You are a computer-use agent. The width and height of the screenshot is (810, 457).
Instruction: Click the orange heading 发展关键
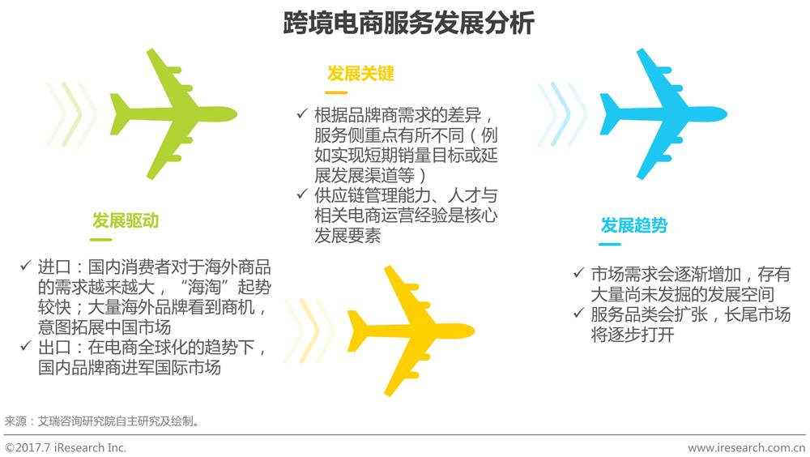click(x=360, y=74)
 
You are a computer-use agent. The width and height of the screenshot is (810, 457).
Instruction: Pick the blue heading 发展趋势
click(x=633, y=225)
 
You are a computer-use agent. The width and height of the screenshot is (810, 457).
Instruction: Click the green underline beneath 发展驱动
click(x=101, y=239)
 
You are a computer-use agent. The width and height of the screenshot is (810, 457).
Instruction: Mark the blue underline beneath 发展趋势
click(x=610, y=244)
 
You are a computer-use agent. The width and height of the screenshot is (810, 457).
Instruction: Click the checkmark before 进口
click(x=26, y=265)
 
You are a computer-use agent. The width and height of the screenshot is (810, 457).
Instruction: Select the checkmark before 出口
click(x=26, y=348)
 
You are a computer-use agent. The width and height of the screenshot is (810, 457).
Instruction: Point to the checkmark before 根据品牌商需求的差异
click(x=302, y=113)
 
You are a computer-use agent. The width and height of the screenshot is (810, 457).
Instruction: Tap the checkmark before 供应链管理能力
click(x=302, y=195)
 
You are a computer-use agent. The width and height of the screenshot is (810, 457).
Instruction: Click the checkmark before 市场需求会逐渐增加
click(x=578, y=273)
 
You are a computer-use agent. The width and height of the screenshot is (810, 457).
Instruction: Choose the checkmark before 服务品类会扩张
click(x=578, y=314)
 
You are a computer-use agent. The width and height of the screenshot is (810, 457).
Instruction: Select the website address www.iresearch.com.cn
click(x=746, y=447)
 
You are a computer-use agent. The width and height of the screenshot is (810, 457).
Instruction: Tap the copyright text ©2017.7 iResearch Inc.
click(x=66, y=447)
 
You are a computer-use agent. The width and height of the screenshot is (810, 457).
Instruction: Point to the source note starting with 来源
click(x=101, y=421)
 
